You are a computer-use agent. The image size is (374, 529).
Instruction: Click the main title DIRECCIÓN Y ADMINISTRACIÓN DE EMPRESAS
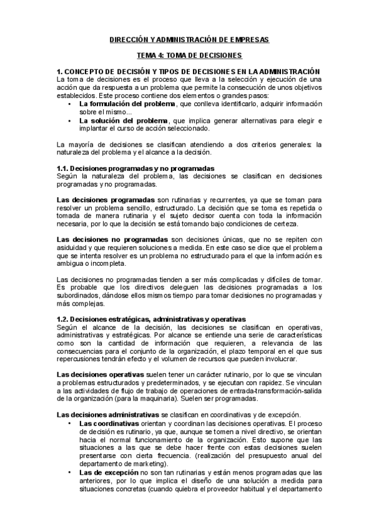coord(187,39)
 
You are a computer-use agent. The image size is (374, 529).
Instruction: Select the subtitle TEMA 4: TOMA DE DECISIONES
coord(187,56)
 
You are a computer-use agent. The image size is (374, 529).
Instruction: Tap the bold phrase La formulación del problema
coord(118,104)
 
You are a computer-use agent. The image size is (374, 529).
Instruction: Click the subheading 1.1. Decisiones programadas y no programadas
coord(135,168)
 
